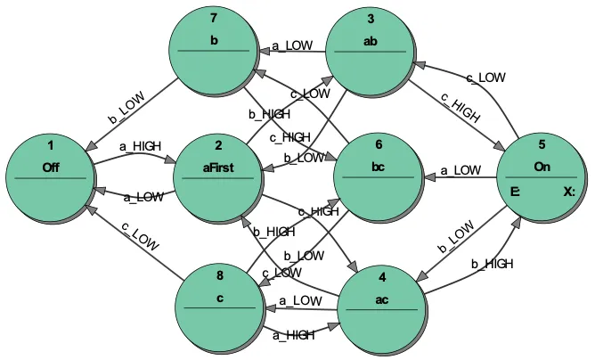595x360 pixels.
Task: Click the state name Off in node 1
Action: (x=51, y=167)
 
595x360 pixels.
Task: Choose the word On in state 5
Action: (x=542, y=167)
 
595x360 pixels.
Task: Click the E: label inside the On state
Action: (x=516, y=192)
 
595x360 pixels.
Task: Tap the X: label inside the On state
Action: (x=569, y=192)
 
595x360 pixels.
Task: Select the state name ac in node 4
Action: (x=381, y=299)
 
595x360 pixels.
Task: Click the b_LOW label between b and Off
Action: (x=126, y=107)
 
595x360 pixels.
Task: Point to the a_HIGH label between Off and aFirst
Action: (x=140, y=144)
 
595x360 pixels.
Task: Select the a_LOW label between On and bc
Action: (x=461, y=169)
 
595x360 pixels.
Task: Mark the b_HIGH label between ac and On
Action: (x=492, y=264)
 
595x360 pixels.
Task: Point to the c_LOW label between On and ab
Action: (x=486, y=78)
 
